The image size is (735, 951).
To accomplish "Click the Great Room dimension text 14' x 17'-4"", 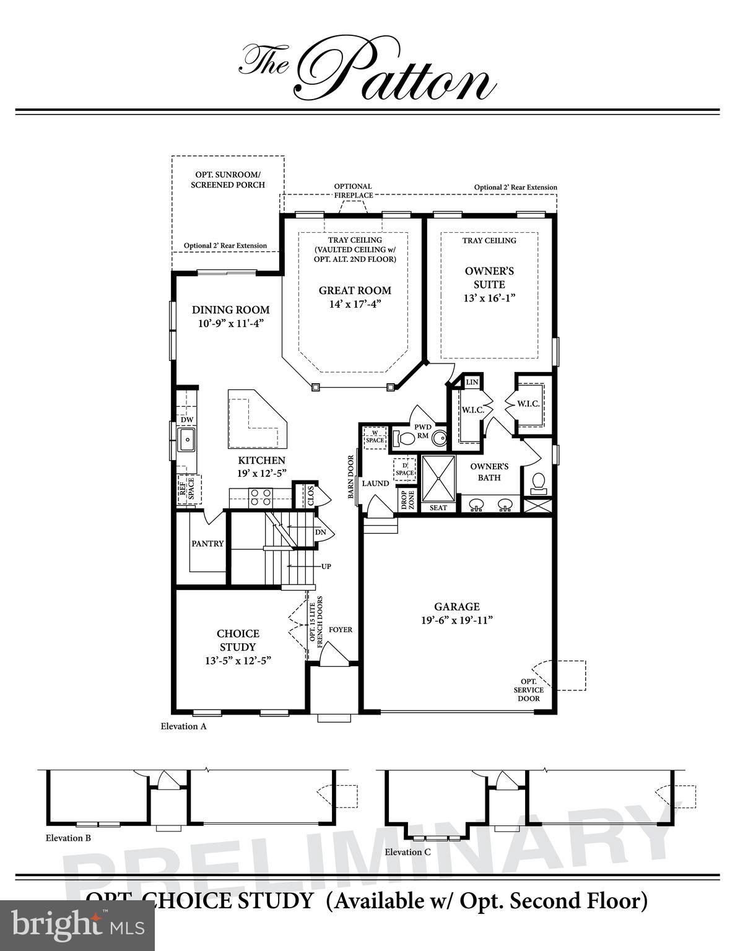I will click(355, 304).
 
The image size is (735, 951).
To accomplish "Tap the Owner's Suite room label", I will click(489, 278).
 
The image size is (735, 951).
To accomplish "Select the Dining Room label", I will click(230, 310).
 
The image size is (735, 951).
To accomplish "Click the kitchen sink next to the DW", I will click(186, 441).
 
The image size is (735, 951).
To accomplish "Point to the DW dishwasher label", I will click(186, 420).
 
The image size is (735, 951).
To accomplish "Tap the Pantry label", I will click(207, 544).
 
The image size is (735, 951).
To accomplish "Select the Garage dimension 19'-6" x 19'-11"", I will click(456, 620).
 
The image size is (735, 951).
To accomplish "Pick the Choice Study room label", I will click(238, 640).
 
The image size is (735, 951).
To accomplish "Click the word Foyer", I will click(340, 630).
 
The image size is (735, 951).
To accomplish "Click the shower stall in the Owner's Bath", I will click(438, 477).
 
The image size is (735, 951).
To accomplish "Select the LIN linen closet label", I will click(472, 383).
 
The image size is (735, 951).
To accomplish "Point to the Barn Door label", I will click(351, 477).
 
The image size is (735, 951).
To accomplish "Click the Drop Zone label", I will click(404, 500).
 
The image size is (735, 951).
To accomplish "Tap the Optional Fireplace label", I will click(353, 191).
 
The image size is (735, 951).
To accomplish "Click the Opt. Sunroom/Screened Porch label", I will click(227, 180).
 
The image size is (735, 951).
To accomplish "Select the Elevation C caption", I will click(407, 852).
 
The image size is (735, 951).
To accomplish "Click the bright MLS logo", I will click(77, 926).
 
